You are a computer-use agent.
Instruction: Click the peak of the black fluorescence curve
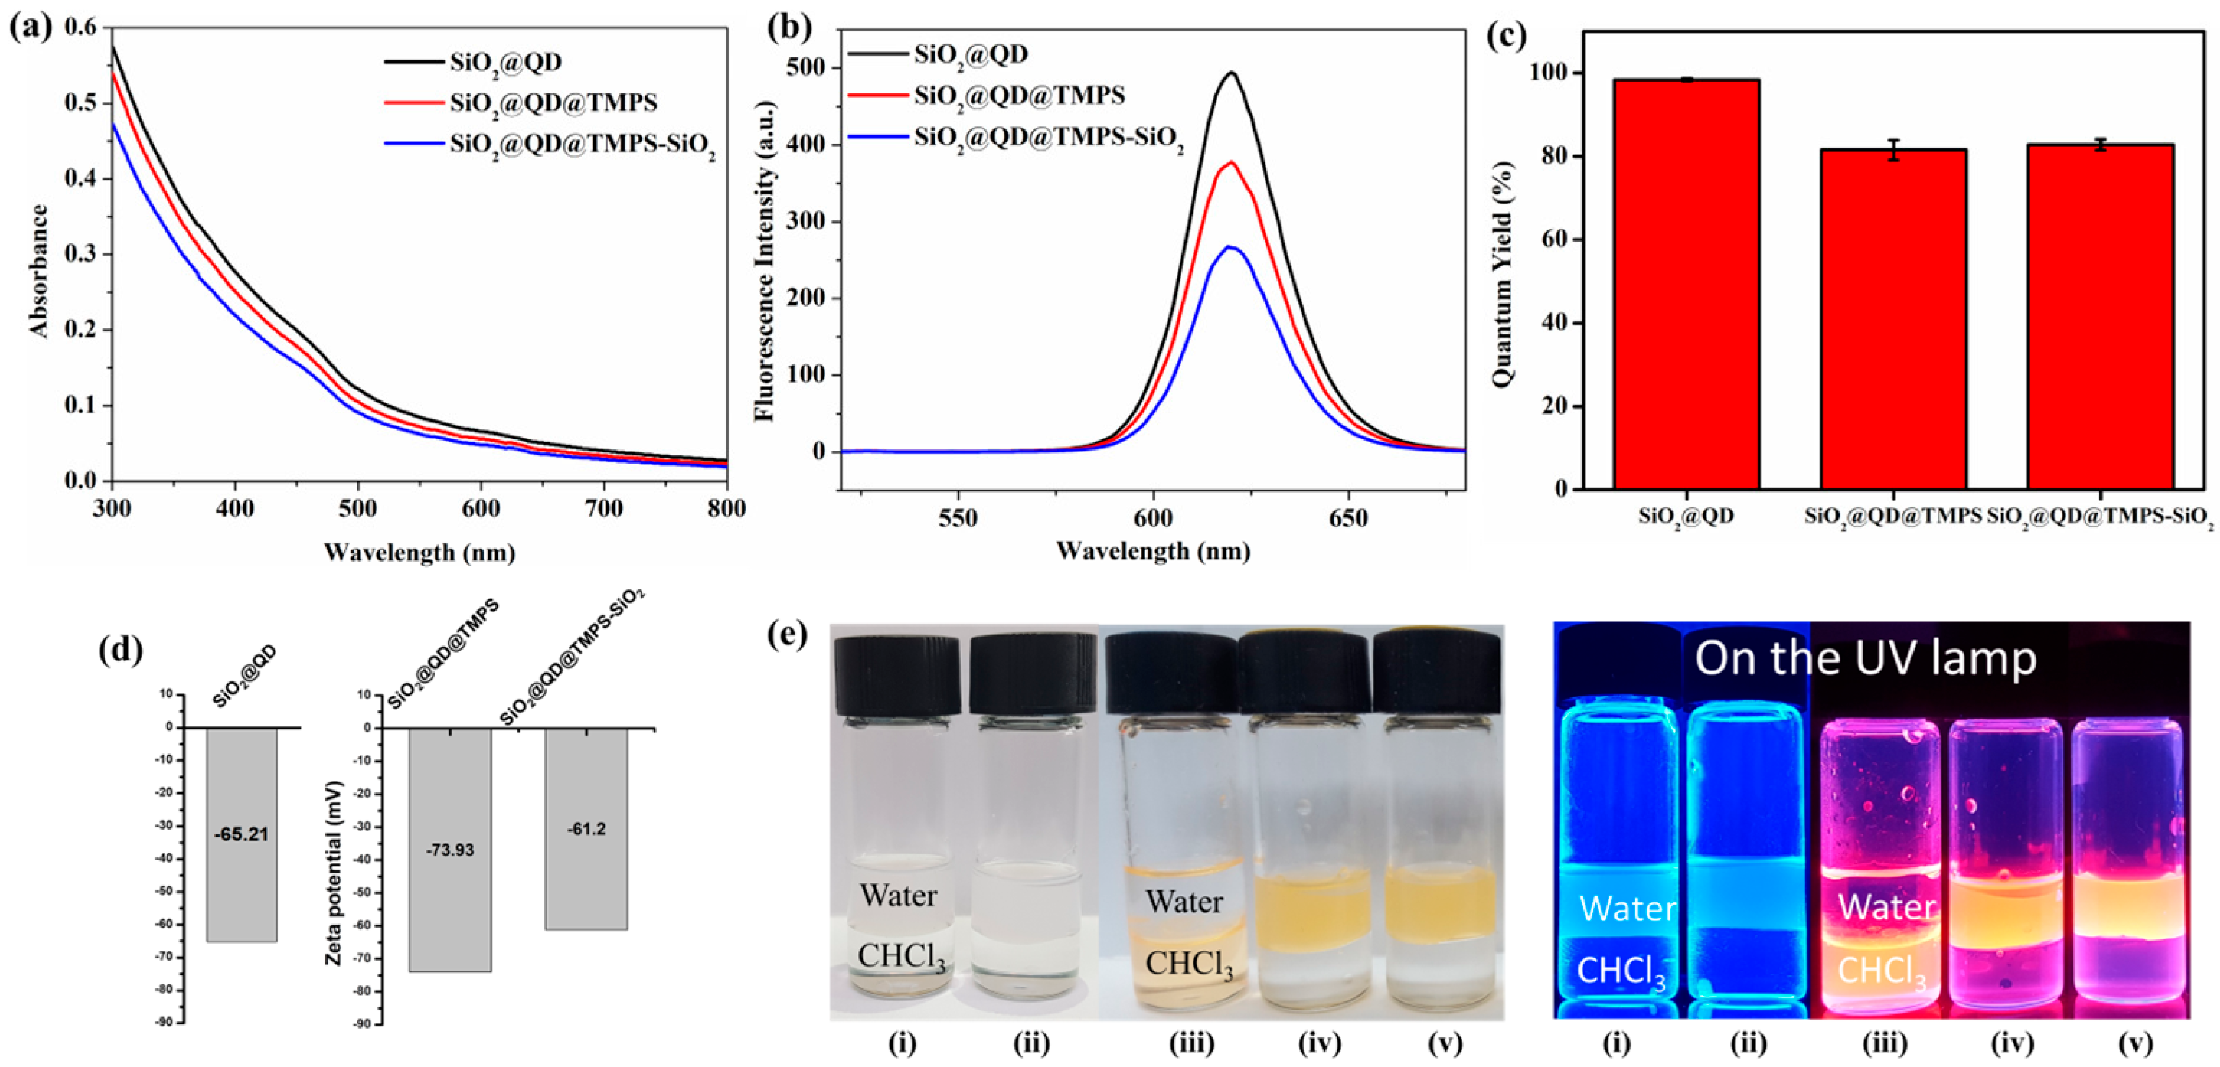pyautogui.click(x=1232, y=73)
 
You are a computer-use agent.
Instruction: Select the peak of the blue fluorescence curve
pyautogui.click(x=1231, y=247)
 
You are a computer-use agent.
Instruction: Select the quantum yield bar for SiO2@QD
pyautogui.click(x=1686, y=285)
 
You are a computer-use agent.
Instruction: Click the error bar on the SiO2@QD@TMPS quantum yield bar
pyautogui.click(x=1893, y=150)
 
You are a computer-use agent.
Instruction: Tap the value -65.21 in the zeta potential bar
pyautogui.click(x=241, y=834)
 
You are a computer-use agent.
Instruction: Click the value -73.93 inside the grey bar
pyautogui.click(x=450, y=850)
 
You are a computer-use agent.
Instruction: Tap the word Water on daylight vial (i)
pyautogui.click(x=898, y=896)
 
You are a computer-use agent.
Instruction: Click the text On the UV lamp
pyautogui.click(x=1865, y=658)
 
